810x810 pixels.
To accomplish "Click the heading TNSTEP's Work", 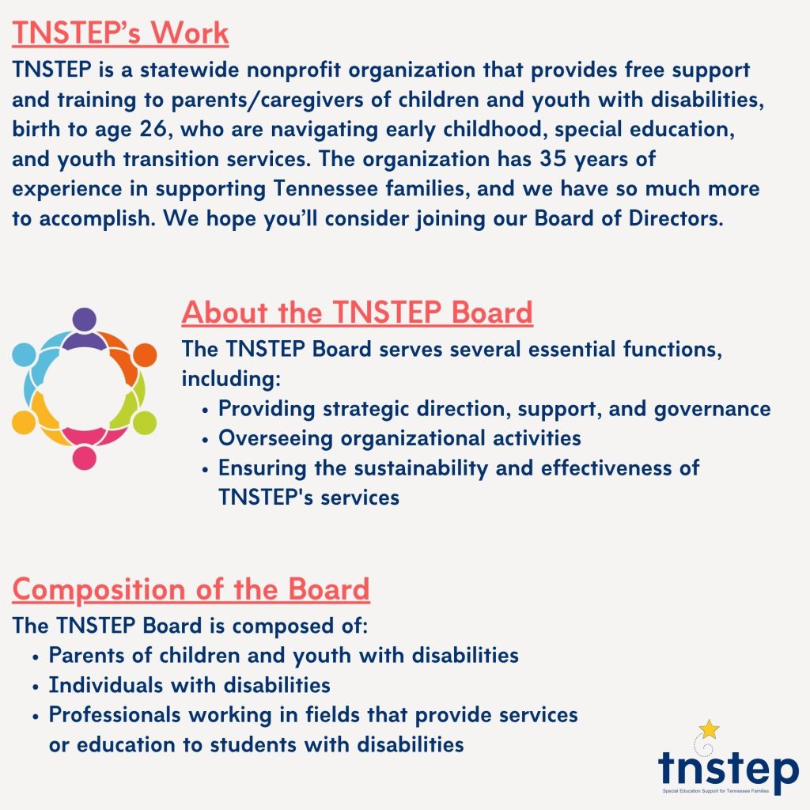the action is point(120,33).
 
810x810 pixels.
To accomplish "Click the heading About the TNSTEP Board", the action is point(357,312).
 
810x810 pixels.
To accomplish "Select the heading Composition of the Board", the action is point(191,589).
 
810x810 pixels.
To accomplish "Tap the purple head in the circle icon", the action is point(84,320).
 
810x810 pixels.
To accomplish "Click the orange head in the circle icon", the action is point(145,355).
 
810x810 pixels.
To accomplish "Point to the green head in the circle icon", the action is point(145,422).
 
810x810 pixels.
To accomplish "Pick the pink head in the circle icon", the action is point(84,458).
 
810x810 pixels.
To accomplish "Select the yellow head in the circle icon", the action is point(24,422).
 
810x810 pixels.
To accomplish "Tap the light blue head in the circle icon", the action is point(24,355).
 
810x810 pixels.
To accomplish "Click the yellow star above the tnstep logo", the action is point(710,729).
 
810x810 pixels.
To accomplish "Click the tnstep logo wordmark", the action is point(729,768).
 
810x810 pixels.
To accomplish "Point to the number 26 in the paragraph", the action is point(153,129).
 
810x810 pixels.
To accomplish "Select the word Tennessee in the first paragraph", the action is point(325,188).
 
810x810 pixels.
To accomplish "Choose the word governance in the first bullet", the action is point(713,409).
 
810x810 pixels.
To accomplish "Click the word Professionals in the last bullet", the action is point(114,715).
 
